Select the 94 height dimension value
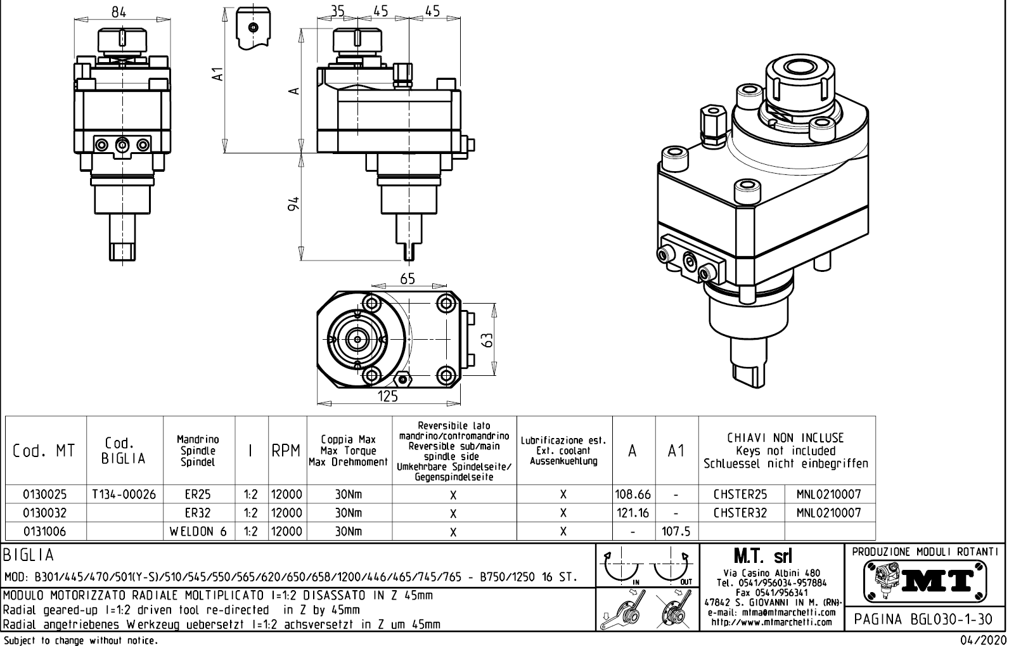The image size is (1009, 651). (x=293, y=204)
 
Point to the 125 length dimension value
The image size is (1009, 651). (x=387, y=397)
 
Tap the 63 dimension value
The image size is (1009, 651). (x=487, y=340)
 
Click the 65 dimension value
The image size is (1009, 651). (x=408, y=279)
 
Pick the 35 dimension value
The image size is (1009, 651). (x=337, y=11)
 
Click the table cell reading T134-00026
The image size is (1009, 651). (x=124, y=494)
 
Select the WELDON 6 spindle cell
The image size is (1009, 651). (x=198, y=531)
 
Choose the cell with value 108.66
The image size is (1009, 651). (x=633, y=494)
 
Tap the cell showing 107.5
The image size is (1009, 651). (x=676, y=531)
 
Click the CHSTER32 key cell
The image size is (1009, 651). (x=740, y=513)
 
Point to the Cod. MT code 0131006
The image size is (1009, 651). (x=44, y=531)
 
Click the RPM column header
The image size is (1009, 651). (x=286, y=451)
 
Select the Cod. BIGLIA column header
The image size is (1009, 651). (x=124, y=451)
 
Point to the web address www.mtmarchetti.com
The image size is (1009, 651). (x=771, y=622)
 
